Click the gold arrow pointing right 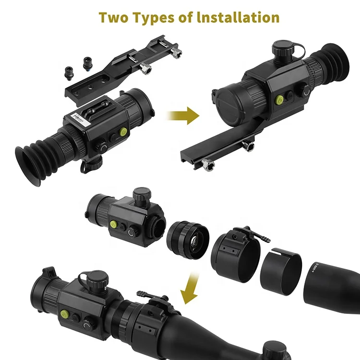click(183, 116)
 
